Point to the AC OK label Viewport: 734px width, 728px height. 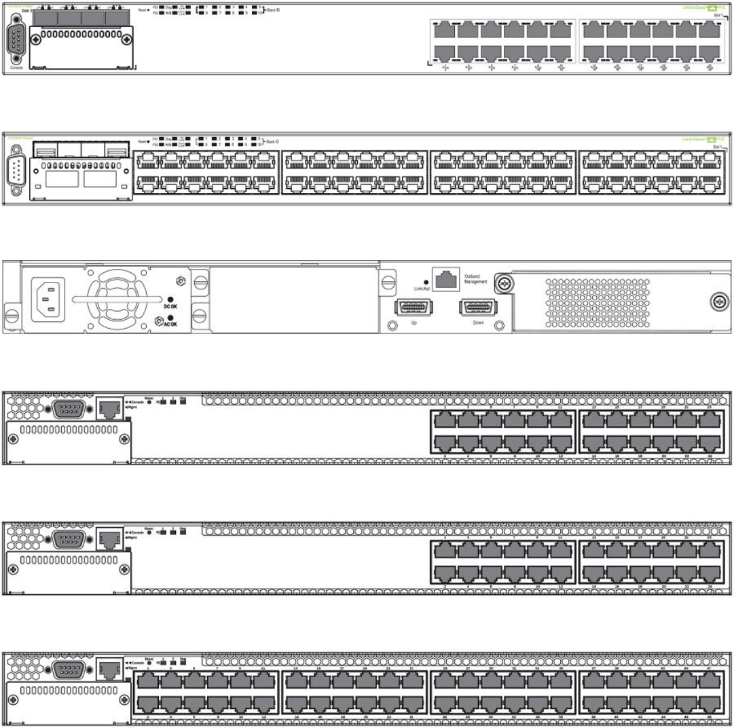[170, 325]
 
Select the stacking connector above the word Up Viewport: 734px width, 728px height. [412, 308]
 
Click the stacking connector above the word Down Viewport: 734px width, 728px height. [477, 308]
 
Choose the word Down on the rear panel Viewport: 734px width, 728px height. [478, 324]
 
